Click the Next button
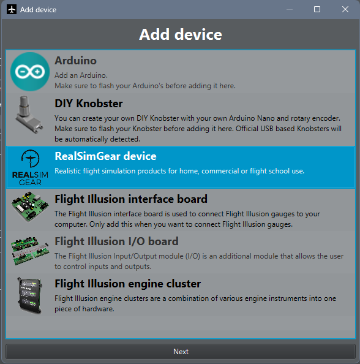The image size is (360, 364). point(181,352)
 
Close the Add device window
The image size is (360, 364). point(345,9)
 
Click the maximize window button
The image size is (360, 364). point(317,9)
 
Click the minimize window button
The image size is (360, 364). point(290,10)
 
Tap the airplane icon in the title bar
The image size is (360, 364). point(12,10)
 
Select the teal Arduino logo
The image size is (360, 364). point(30,72)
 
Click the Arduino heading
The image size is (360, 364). point(76,61)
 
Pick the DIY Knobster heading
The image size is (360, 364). point(89,104)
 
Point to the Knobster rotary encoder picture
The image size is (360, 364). point(29,115)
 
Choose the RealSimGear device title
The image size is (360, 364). point(105,156)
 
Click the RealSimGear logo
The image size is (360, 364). point(30,168)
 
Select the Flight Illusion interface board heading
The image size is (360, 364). point(131,199)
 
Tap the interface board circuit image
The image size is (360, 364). point(30,207)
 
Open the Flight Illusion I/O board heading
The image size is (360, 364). point(116,241)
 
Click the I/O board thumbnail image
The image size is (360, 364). point(30,251)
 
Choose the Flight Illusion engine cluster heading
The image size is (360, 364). point(128,284)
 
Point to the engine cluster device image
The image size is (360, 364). point(30,295)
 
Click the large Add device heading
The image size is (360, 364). point(181,34)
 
